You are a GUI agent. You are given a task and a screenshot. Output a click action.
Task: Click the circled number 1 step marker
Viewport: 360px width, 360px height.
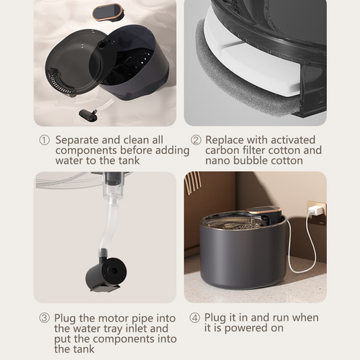pos(44,140)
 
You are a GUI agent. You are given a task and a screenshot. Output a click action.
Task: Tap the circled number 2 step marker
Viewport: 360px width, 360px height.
pos(196,140)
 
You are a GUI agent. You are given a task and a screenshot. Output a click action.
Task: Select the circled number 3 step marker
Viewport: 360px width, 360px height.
pos(44,318)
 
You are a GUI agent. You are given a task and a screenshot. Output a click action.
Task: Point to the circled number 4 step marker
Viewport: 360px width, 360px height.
pos(194,318)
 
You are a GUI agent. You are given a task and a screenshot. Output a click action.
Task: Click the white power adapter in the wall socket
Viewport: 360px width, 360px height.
pos(315,211)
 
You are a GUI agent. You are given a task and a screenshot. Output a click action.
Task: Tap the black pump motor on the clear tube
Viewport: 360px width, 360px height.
pos(106,275)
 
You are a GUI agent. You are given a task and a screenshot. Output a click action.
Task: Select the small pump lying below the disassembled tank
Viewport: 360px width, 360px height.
pos(88,115)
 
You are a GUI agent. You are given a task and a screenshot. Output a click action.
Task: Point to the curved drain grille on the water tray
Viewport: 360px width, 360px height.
pos(61,79)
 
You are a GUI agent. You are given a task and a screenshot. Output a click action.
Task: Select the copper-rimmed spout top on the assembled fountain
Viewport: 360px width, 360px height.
pos(263,211)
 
